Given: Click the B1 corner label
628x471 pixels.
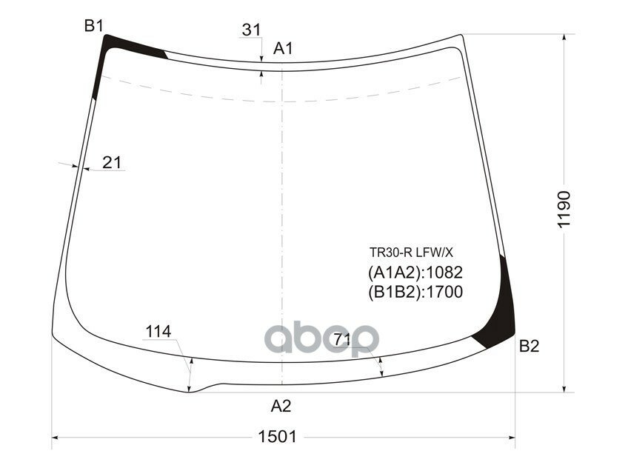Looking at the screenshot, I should coord(93,26).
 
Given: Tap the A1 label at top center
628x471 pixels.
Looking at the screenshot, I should coord(284,49).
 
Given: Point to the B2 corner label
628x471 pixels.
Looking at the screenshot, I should coord(529,346).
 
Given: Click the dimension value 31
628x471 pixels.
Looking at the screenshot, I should coord(251,30).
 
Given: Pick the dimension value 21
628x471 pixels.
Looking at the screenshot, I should coord(112,162).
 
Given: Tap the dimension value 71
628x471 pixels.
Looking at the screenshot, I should coord(342,339).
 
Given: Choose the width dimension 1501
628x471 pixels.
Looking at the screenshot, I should coord(278,436).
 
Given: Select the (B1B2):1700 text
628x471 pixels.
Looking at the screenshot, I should coord(415,293).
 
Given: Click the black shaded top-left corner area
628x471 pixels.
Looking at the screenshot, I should coord(111,52).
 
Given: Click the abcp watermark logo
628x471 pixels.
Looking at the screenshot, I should coord(322,339).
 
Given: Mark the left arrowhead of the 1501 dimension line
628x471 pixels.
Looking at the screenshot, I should coord(56,437).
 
